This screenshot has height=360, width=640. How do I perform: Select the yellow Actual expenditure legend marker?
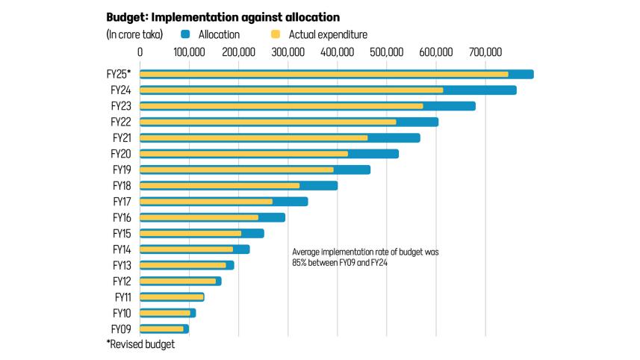coord(275,34)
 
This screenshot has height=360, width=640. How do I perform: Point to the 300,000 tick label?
coord(288,52)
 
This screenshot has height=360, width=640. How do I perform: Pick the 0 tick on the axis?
coord(140,52)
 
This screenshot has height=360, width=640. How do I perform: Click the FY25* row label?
coord(119,74)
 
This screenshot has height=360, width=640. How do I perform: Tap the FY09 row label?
coord(121,329)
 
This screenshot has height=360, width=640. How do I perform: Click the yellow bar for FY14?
coord(187,249)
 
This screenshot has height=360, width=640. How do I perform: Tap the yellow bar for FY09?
coord(162,329)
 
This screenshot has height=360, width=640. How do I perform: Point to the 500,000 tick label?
coord(386,52)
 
